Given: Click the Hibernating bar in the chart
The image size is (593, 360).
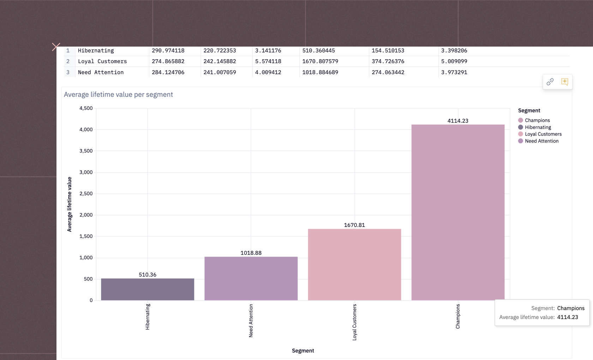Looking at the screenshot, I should point(148,289).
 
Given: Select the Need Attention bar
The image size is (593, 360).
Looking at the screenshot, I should point(251,278).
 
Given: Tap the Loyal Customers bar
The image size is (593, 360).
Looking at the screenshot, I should point(354,265).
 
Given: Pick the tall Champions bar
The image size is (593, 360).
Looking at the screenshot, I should point(458,212).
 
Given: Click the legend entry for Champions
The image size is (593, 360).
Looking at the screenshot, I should point(537,120).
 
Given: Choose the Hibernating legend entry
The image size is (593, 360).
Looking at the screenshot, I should point(538,127).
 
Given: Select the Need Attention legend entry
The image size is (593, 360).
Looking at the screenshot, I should point(541,141).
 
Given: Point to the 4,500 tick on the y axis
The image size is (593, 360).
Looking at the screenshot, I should point(86,108).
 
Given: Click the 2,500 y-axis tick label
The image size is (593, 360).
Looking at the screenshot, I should point(86,193).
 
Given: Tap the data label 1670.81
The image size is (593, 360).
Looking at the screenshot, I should point(354,225).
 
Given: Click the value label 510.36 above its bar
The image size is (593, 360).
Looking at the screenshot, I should point(148,275).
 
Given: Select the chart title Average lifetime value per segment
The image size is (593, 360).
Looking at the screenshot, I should point(118,95).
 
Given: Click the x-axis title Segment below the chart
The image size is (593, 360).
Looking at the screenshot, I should point(303,350).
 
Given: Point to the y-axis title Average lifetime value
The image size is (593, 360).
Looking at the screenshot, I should point(70,204).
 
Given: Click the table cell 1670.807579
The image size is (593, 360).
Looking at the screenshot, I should point(320,61).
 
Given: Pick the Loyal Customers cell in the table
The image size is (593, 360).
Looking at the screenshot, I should point(102,61).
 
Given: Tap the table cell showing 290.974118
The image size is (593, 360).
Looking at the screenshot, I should point(168,50).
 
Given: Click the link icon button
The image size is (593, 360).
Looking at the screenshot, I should point(550,82).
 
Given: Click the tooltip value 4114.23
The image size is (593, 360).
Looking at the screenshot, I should point(568,317).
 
